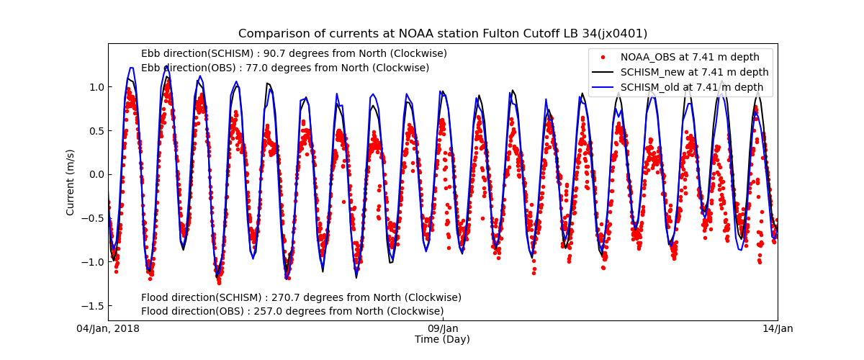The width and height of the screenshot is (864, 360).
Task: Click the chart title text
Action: [443, 34]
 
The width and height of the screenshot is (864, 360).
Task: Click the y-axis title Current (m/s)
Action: [71, 181]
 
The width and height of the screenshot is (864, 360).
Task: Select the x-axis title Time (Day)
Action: [442, 340]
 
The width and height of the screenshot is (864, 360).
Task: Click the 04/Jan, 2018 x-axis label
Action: [109, 329]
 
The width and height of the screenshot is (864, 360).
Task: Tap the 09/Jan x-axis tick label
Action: [443, 329]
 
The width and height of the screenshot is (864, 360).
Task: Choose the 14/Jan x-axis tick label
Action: [778, 329]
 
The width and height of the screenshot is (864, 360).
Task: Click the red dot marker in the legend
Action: [603, 58]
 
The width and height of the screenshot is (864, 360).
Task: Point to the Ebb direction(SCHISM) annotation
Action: [294, 54]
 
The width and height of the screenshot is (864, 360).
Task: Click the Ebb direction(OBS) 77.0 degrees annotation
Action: [285, 68]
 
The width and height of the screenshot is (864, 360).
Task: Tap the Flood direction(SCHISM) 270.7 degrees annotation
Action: [301, 298]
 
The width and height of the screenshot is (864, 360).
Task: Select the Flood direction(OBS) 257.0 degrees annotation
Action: [292, 312]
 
